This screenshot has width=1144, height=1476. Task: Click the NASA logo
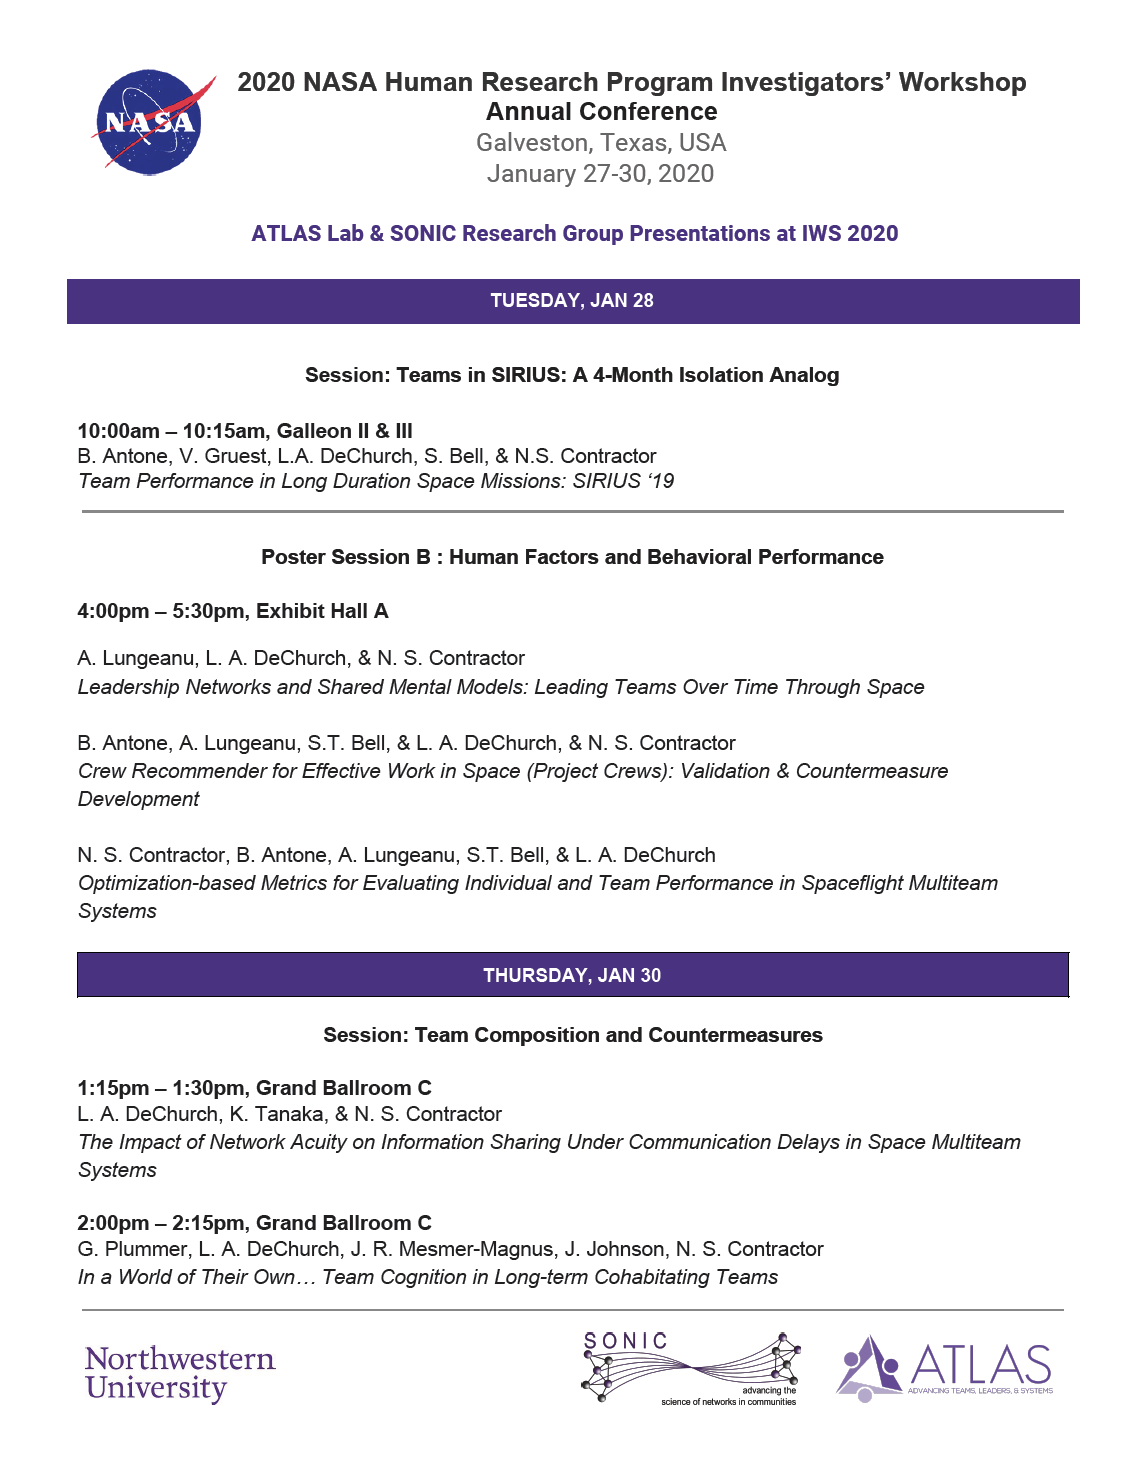coord(150,122)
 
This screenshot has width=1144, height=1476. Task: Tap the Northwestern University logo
coord(180,1373)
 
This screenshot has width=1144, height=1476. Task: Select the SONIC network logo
coord(691,1367)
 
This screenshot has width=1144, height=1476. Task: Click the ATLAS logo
coord(944,1367)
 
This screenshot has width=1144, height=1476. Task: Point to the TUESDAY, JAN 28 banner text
coord(572,301)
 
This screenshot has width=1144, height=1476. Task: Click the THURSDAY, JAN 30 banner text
coord(572,975)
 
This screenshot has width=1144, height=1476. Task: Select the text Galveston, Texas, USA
coord(601,143)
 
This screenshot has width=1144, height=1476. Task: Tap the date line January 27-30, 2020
coord(601,174)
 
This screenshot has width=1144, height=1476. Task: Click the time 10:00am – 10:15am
coord(171,431)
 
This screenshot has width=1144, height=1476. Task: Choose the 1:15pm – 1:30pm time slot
coord(161,1088)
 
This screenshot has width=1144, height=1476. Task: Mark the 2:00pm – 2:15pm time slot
coord(161,1223)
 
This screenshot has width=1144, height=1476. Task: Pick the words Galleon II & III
coord(345,431)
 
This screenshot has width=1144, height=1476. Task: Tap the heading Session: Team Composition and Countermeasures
coord(573,1035)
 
